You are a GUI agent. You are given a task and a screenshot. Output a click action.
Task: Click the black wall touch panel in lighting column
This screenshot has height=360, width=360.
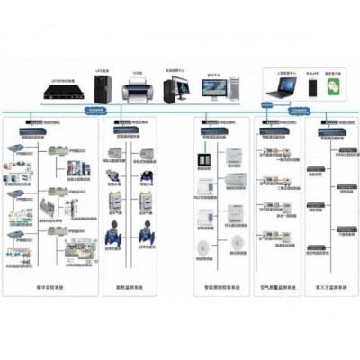(202, 160)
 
